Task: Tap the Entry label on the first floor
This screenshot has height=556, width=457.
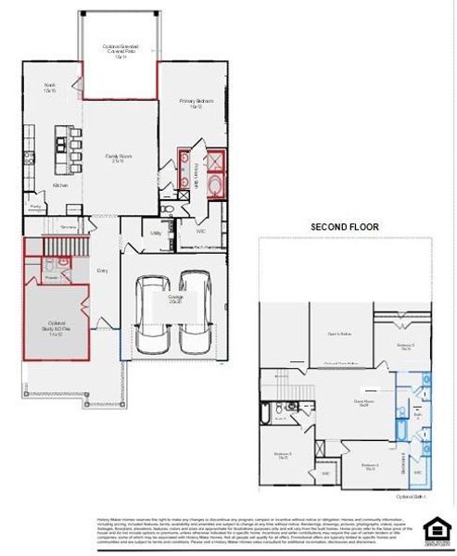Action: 102,271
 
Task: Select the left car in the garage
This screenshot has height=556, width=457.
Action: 153,311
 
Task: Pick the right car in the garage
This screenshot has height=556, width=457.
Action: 196,311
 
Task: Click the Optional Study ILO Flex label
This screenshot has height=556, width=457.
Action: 53,329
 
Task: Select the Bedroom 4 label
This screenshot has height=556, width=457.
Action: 370,466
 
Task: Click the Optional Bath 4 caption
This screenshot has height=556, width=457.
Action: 413,496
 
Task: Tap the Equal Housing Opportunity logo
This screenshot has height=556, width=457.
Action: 435,529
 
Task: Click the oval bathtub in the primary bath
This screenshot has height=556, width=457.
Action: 215,188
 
